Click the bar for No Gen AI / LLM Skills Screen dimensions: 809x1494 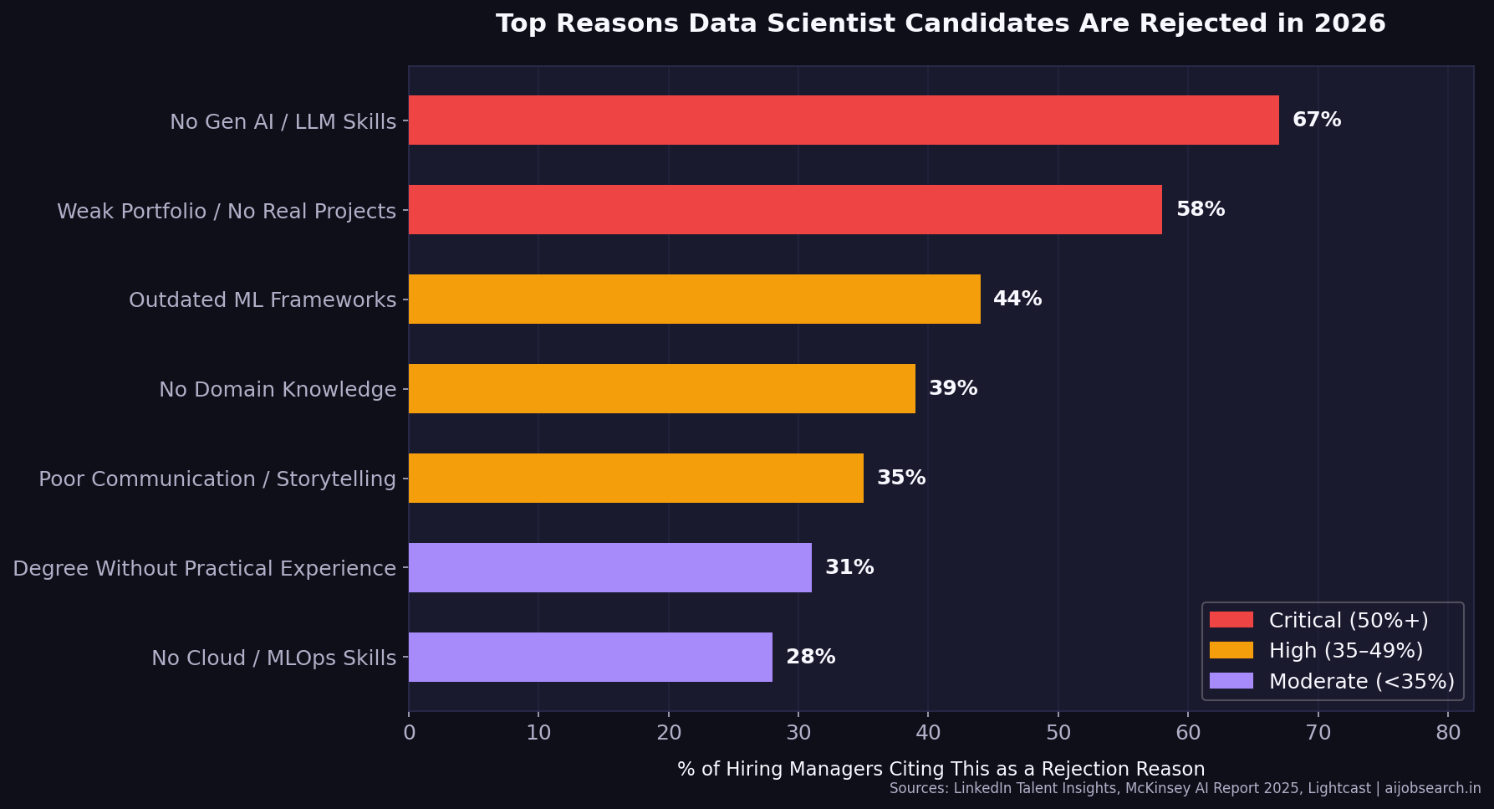(x=843, y=120)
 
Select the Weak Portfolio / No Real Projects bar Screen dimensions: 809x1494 (x=784, y=210)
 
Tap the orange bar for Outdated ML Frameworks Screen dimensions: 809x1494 (x=694, y=300)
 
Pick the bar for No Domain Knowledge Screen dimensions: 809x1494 (x=661, y=389)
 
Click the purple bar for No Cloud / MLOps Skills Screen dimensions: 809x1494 (x=590, y=658)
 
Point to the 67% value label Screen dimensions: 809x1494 (x=1316, y=120)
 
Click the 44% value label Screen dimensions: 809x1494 (x=1017, y=300)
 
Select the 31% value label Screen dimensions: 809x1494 (x=849, y=568)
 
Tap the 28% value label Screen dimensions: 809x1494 (x=810, y=658)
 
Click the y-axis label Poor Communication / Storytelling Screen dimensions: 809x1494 (x=217, y=479)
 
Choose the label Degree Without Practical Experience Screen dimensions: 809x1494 (x=204, y=569)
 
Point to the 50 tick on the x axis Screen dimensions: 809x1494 (x=1058, y=733)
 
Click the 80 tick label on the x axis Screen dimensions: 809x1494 (x=1447, y=733)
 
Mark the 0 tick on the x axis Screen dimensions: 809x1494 (x=409, y=733)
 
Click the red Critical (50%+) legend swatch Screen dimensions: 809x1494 (x=1231, y=620)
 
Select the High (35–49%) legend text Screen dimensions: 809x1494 (x=1345, y=651)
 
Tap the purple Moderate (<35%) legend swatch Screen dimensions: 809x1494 (x=1231, y=681)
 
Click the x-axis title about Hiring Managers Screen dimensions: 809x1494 (x=941, y=769)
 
